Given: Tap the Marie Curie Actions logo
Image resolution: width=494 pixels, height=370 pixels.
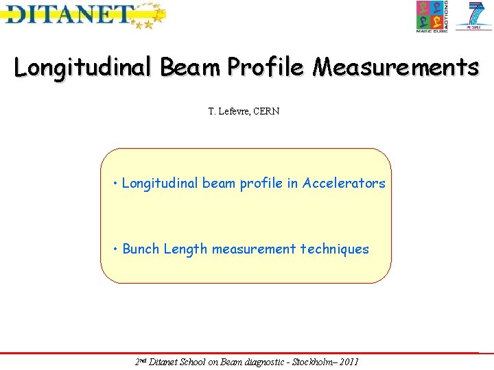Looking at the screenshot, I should (x=432, y=16).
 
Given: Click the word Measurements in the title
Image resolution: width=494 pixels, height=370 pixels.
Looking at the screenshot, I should (x=397, y=67).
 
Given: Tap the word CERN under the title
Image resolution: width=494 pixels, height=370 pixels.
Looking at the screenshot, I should (x=266, y=112).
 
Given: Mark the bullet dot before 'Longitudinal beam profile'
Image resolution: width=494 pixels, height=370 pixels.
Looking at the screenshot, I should (x=117, y=184).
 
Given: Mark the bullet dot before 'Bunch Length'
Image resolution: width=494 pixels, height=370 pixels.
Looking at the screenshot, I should (x=117, y=249).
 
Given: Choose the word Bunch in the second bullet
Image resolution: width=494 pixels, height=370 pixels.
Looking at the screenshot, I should (x=141, y=249).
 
